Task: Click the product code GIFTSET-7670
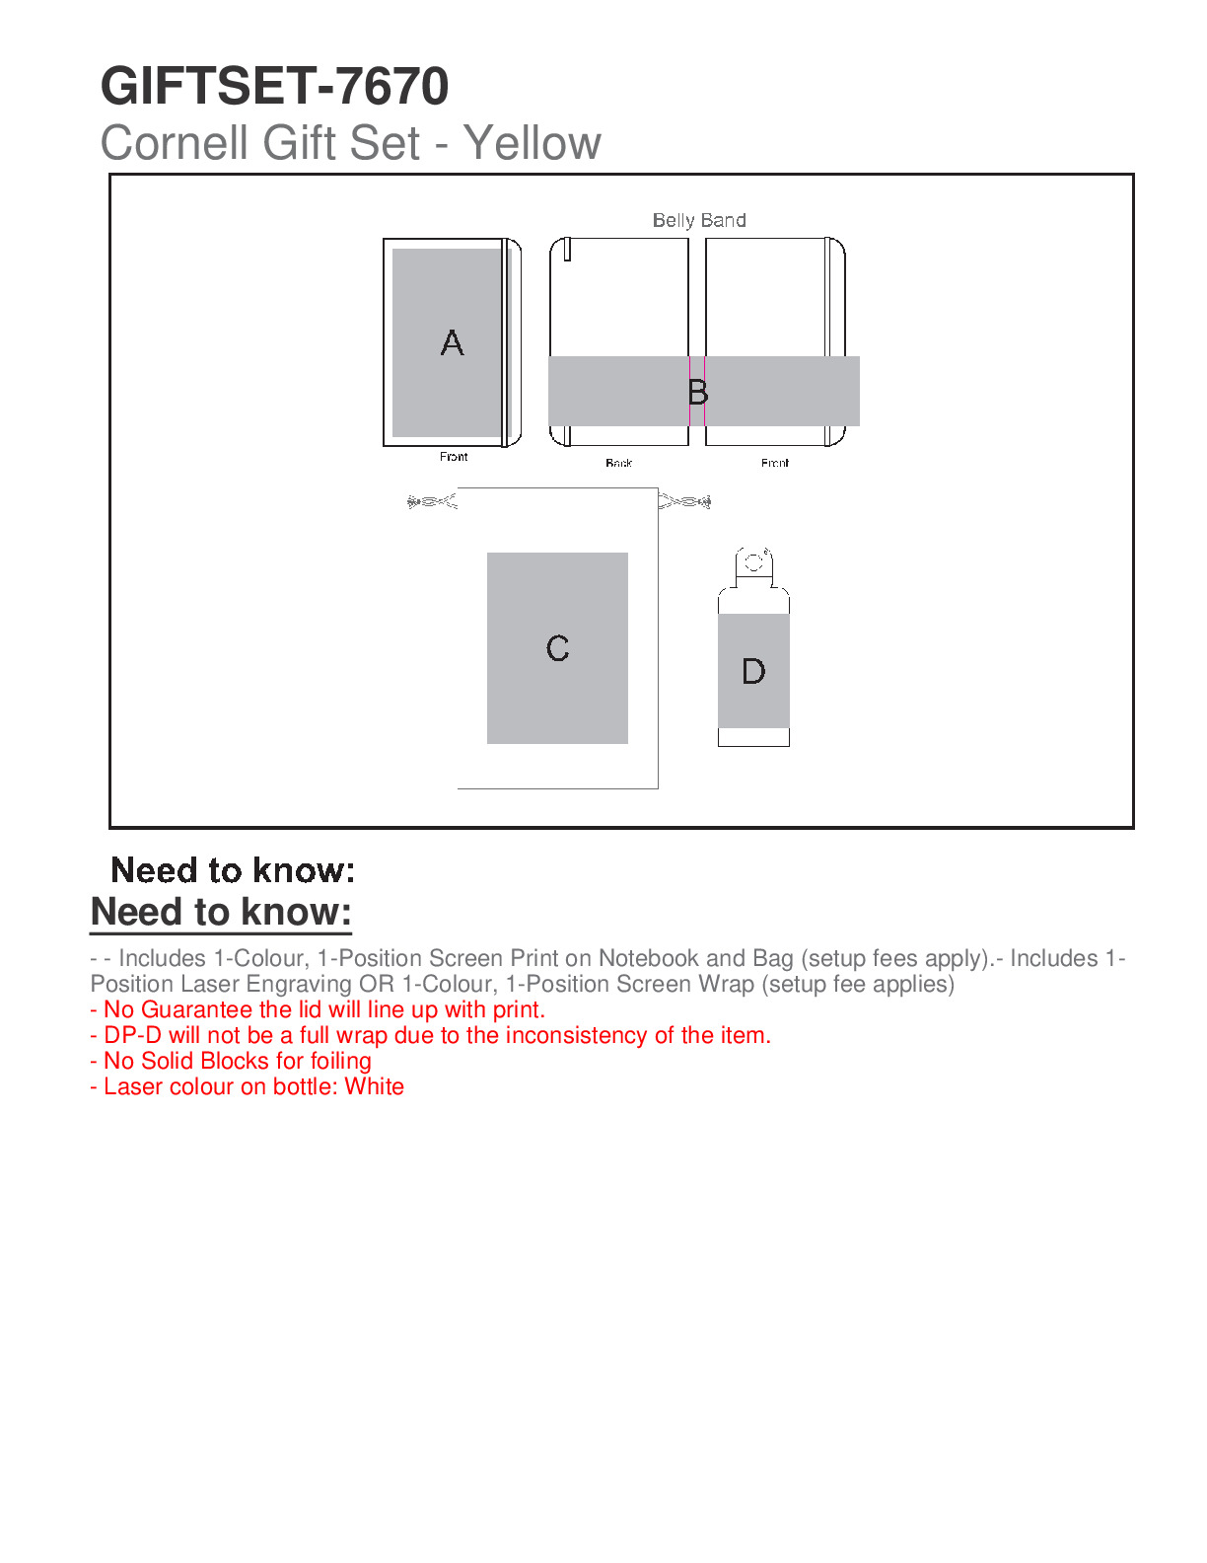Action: [x=274, y=86]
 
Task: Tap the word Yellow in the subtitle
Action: [x=532, y=142]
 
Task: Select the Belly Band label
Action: [x=699, y=220]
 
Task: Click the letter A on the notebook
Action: [x=453, y=342]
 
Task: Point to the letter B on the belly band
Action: [x=697, y=392]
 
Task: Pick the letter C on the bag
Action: [x=557, y=648]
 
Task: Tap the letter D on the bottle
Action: [x=753, y=671]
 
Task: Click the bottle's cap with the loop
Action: [x=753, y=566]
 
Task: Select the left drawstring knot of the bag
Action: [x=431, y=501]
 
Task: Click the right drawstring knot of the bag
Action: [x=684, y=501]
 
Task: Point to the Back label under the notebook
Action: [x=618, y=463]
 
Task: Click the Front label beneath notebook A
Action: [x=454, y=456]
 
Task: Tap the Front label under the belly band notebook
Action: [x=775, y=463]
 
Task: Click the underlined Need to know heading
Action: [x=221, y=912]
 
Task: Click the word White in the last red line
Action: [x=374, y=1086]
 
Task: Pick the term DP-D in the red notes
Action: [x=133, y=1035]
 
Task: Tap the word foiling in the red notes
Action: [x=340, y=1061]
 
